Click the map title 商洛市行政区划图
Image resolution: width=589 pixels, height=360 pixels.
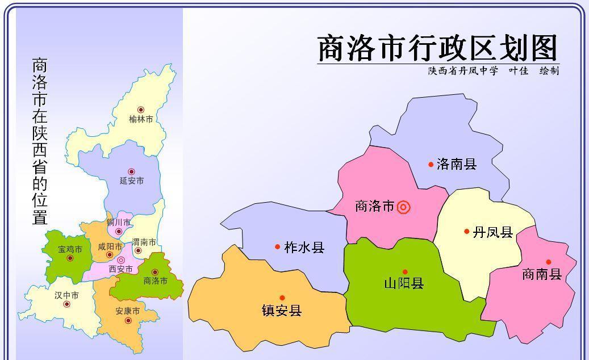[x=437, y=48]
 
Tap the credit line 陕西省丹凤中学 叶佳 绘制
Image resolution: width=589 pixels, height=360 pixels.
[x=493, y=71]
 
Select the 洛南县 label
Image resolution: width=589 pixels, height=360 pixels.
[x=457, y=165]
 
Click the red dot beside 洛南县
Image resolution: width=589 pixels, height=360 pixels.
[x=431, y=165]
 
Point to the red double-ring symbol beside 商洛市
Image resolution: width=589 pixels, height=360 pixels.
[x=403, y=207]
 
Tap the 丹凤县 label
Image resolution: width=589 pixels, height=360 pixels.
[x=492, y=232]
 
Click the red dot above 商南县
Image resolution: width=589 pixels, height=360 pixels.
[x=549, y=262]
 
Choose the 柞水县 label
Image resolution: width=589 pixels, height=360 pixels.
[x=304, y=247]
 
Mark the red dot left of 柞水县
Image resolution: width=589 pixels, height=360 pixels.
[x=277, y=247]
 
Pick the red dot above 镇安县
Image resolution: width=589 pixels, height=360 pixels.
[x=282, y=298]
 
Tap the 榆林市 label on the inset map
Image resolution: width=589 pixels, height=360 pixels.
[x=141, y=119]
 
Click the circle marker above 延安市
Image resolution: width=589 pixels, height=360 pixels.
[x=131, y=171]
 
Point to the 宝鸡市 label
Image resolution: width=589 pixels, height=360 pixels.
[x=70, y=249]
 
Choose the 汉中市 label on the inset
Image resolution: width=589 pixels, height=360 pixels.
[x=66, y=296]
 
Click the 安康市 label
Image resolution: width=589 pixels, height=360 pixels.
[x=127, y=311]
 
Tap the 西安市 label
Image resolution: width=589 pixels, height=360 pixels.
[x=120, y=269]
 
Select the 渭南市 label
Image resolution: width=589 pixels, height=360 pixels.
[x=144, y=242]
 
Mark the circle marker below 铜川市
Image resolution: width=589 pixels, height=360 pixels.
[x=119, y=232]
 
